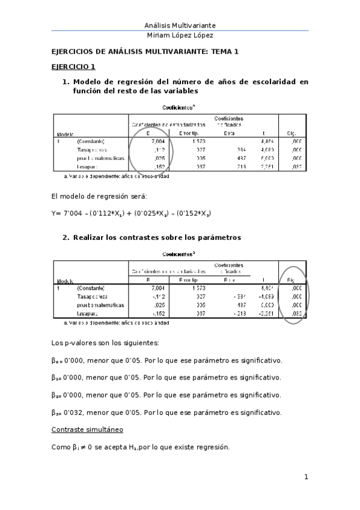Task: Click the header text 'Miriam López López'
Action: [180, 35]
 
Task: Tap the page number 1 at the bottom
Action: [306, 478]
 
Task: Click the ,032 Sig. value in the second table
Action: [295, 313]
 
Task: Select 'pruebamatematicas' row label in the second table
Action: [101, 305]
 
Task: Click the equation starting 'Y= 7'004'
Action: [131, 213]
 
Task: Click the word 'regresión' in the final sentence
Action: [212, 447]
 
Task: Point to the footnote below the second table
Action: [116, 322]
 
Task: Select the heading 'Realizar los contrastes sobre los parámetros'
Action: [157, 238]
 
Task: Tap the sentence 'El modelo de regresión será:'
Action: [99, 196]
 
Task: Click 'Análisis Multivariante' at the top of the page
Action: [180, 25]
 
